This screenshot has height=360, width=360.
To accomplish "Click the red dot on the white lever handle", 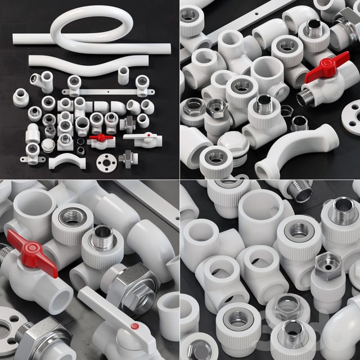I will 134,326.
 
